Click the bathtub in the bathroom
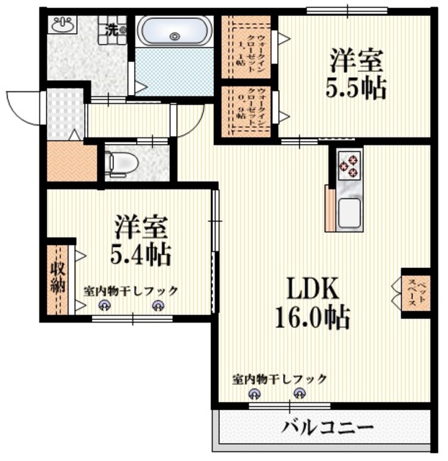click(x=175, y=32)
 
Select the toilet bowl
click(x=118, y=164)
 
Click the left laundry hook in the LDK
click(x=253, y=393)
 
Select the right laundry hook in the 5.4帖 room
click(x=158, y=305)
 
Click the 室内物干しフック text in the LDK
click(x=279, y=378)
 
